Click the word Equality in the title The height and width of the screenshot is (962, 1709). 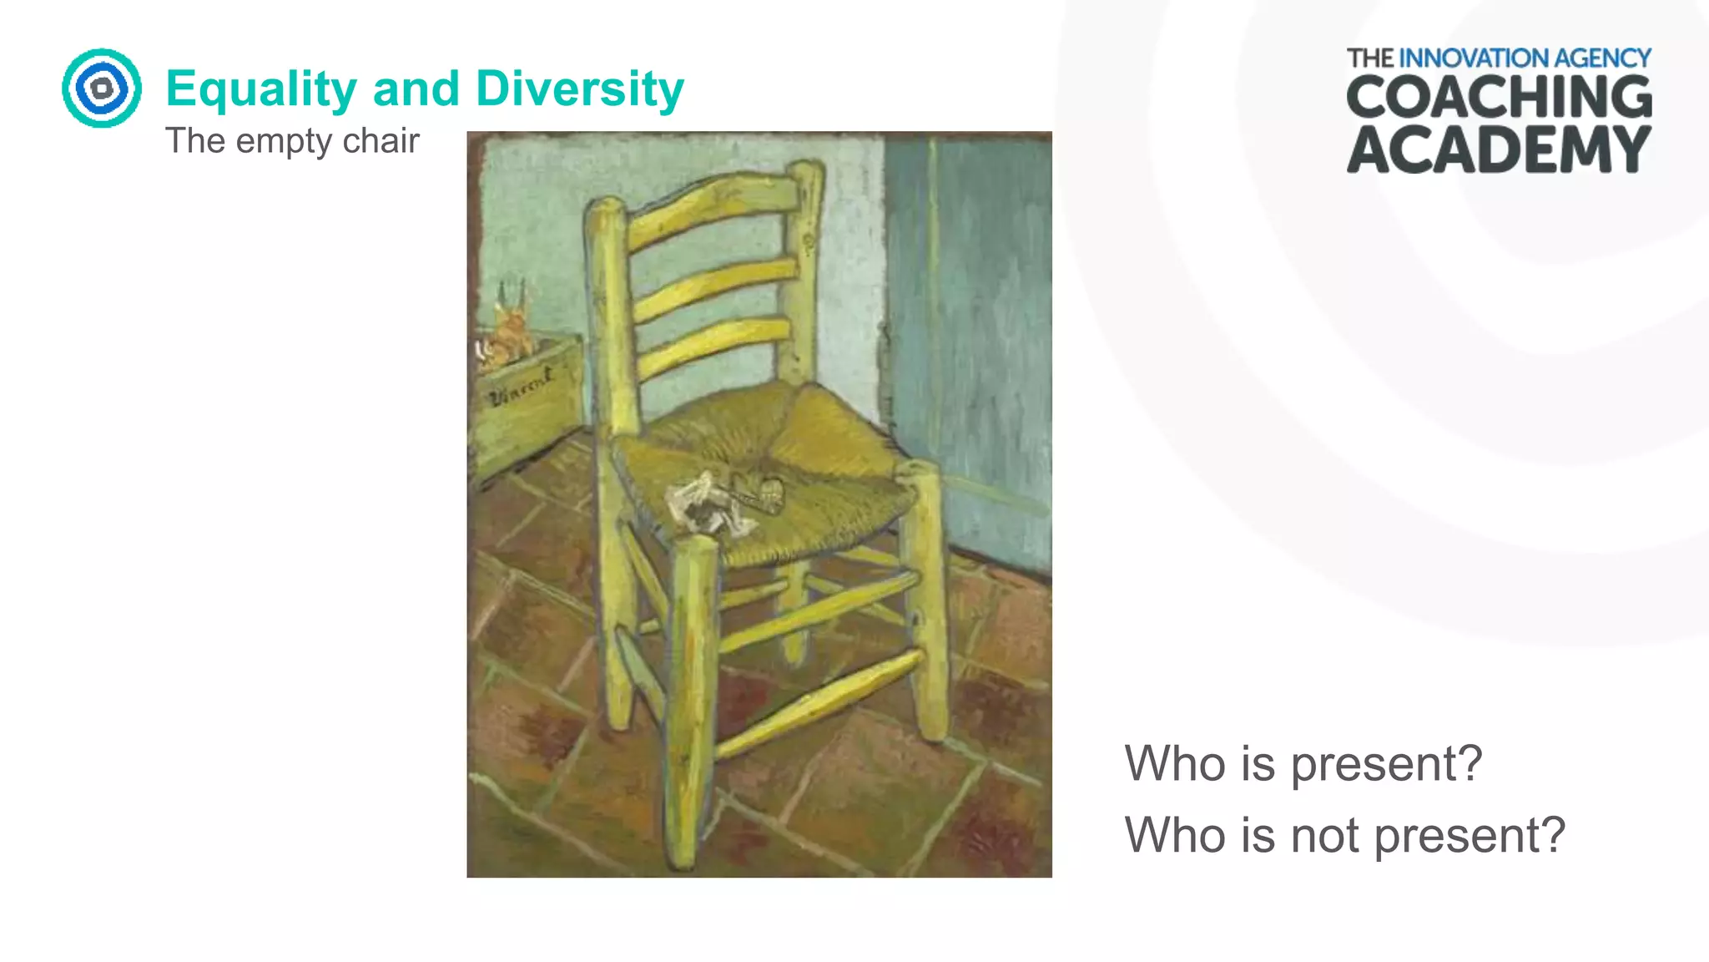coord(261,89)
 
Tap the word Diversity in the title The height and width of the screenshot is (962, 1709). coord(580,89)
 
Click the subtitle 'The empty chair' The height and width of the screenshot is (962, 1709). coord(292,140)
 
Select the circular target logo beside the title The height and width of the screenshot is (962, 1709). coord(102,88)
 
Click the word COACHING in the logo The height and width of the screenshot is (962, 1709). coord(1499,98)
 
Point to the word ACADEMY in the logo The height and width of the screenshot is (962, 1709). coord(1499,150)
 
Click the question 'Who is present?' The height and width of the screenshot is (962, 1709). coord(1303,762)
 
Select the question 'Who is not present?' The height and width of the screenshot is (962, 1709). coord(1345,834)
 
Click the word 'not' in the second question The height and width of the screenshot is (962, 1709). coord(1325,836)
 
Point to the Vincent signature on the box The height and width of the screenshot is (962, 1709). coord(522,387)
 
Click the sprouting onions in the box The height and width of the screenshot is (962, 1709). coord(509,330)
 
